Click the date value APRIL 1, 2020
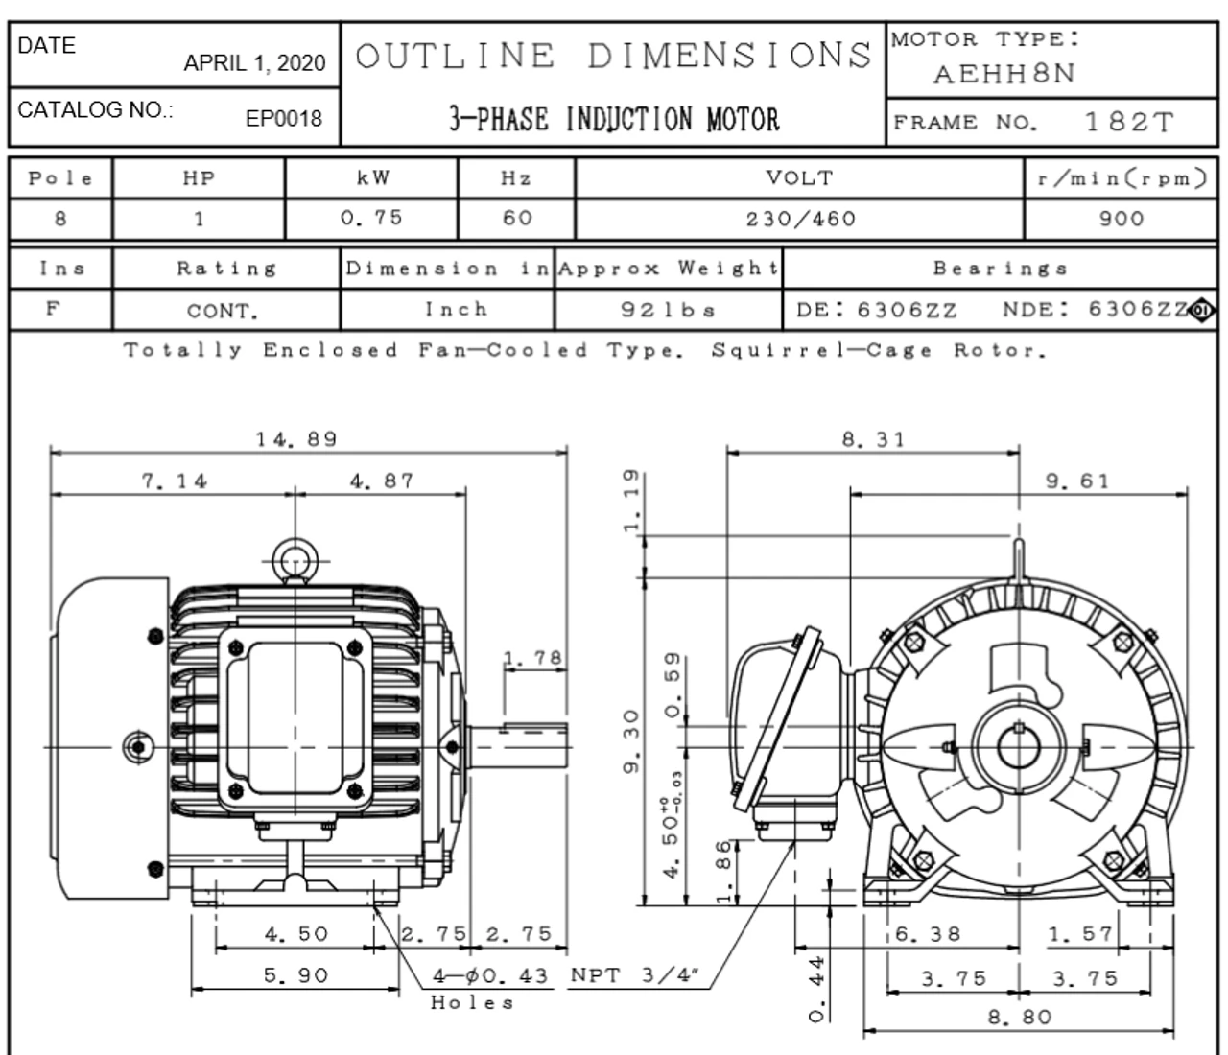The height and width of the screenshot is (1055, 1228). click(x=254, y=63)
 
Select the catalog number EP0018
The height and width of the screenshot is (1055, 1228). click(x=284, y=118)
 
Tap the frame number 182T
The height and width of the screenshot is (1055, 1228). click(x=1128, y=122)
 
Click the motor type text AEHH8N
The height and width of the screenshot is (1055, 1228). click(x=1004, y=74)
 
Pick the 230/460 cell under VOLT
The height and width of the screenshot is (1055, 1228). click(x=800, y=219)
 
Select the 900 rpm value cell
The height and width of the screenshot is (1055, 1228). click(x=1121, y=219)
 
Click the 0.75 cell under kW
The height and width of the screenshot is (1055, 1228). click(x=371, y=218)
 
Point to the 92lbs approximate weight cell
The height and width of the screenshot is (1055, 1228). click(x=668, y=311)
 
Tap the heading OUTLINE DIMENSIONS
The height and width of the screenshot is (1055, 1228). click(x=613, y=56)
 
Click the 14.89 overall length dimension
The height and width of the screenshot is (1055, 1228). click(x=296, y=439)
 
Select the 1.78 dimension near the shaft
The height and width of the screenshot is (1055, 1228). click(x=533, y=659)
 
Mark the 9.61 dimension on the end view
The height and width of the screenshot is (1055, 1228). click(x=1076, y=481)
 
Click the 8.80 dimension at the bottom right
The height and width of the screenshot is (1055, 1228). click(x=1019, y=1017)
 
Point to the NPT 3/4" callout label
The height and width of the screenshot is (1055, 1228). click(x=634, y=975)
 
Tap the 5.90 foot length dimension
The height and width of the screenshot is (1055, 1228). click(x=295, y=975)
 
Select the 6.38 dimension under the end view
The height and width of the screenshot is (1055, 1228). click(x=928, y=933)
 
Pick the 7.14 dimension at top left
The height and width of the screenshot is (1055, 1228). click(x=174, y=481)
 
